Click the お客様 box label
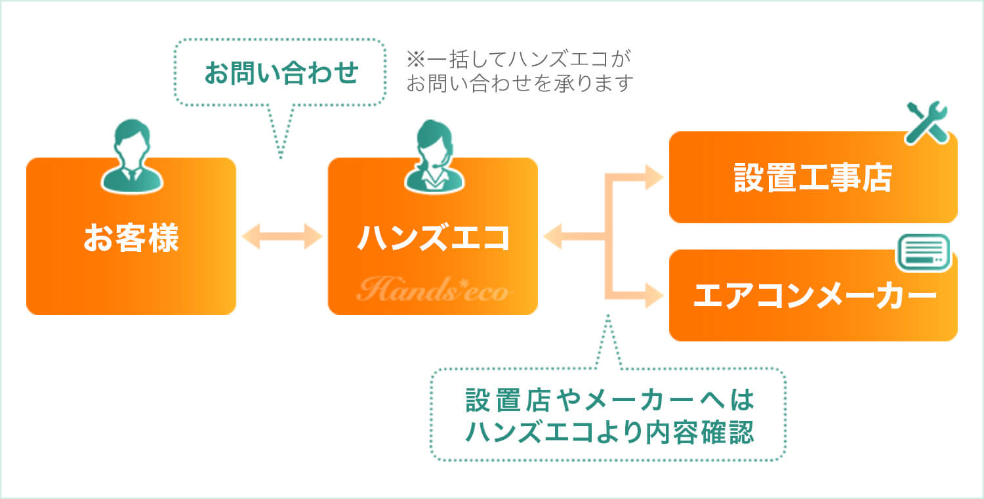pos(131,238)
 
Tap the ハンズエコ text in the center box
pos(433,238)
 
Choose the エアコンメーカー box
pos(813,296)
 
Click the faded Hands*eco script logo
pos(433,290)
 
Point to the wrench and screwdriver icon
pos(927,123)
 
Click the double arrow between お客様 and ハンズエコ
pos(281,237)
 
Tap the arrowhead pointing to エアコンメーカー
pos(653,295)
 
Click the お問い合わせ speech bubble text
pos(281,73)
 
